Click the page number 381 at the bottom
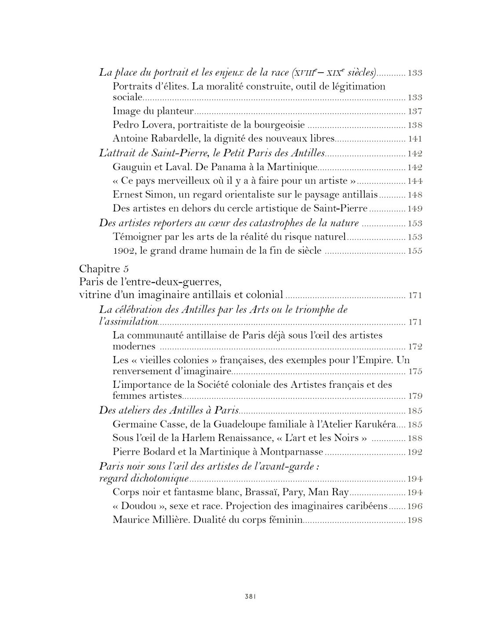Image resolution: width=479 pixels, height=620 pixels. pos(250,597)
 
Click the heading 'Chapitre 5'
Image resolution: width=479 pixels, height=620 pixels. pos(104,269)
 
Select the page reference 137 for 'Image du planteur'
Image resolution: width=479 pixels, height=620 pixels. pos(415,112)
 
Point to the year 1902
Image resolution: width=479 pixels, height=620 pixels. pos(124,251)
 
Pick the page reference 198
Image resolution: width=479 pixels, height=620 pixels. pos(415,520)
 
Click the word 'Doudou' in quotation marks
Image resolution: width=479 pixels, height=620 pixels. pos(138,506)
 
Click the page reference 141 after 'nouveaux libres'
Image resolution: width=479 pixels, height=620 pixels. pos(415,139)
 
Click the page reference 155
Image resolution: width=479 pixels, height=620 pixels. pos(415,251)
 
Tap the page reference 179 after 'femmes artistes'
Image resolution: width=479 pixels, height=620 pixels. pos(415,396)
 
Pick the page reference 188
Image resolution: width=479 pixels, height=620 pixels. pos(415,438)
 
